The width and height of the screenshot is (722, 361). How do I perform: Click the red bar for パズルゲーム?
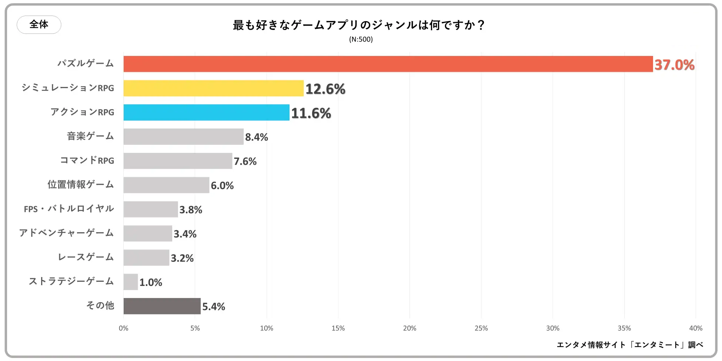388,64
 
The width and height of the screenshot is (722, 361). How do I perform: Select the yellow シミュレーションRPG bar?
213,88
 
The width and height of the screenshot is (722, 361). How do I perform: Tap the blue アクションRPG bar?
206,113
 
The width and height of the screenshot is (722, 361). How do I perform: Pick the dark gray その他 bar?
162,306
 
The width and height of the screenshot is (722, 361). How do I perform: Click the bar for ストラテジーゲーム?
131,282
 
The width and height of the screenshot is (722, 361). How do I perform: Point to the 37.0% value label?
674,65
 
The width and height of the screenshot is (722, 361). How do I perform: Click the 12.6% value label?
325,89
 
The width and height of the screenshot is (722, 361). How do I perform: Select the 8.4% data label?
256,137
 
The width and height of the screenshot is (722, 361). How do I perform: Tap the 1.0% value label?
151,283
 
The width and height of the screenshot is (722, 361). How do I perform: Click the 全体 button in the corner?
39,24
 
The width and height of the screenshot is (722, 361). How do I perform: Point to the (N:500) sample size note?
361,39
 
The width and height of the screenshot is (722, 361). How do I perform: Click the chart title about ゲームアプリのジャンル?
358,25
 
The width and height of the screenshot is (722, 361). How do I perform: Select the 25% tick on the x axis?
481,328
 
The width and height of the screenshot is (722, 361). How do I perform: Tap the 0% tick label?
123,328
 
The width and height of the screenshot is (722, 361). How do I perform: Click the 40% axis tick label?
695,328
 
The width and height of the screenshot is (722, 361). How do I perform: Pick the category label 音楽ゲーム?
90,136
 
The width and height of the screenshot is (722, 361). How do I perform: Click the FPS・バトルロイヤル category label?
69,209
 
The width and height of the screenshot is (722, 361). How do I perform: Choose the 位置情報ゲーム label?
81,184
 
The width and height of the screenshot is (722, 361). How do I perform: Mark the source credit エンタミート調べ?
629,345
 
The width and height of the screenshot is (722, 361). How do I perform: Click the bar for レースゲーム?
146,258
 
